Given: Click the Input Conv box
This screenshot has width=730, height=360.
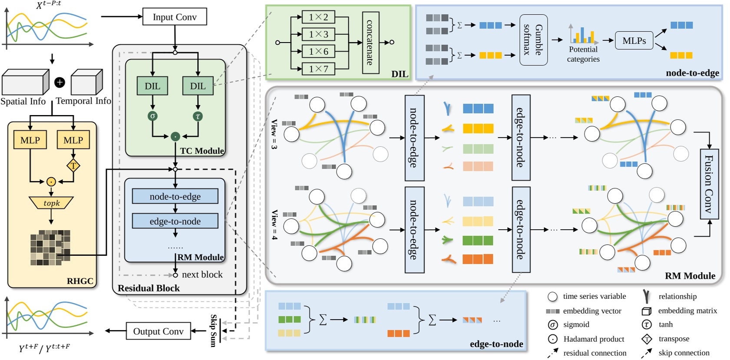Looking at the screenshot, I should pyautogui.click(x=175, y=17).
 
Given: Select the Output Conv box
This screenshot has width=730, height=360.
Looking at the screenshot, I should pyautogui.click(x=158, y=331).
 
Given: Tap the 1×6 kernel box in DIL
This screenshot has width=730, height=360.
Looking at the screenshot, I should pyautogui.click(x=318, y=51).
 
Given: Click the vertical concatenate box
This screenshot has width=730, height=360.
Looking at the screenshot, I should pyautogui.click(x=370, y=43).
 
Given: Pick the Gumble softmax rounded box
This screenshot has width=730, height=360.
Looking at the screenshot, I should pyautogui.click(x=533, y=40).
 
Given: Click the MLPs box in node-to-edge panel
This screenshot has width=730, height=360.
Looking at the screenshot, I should pyautogui.click(x=634, y=40).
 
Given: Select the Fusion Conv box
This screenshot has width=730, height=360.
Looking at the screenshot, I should pyautogui.click(x=709, y=184).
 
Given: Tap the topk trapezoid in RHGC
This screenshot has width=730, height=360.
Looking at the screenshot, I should pyautogui.click(x=51, y=203).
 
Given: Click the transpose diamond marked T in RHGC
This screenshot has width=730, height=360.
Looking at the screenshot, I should pyautogui.click(x=73, y=165).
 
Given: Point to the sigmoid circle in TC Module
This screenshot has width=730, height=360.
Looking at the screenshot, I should pyautogui.click(x=152, y=116).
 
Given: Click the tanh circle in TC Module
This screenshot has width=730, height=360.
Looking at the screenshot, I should pyautogui.click(x=198, y=116).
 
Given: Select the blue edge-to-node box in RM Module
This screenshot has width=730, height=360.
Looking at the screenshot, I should pyautogui.click(x=175, y=221).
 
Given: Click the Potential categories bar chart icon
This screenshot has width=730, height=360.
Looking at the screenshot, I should pyautogui.click(x=583, y=34).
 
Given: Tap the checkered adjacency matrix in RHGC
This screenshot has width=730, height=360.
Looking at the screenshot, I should pyautogui.click(x=50, y=248).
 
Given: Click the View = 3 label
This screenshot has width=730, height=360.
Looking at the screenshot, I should pyautogui.click(x=274, y=134).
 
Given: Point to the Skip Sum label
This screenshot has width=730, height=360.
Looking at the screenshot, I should pyautogui.click(x=213, y=330).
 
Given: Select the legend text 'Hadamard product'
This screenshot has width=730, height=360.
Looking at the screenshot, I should pyautogui.click(x=593, y=339).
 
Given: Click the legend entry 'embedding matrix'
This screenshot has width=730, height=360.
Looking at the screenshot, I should pyautogui.click(x=687, y=310).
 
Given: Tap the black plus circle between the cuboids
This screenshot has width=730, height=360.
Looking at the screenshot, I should pyautogui.click(x=59, y=82).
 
